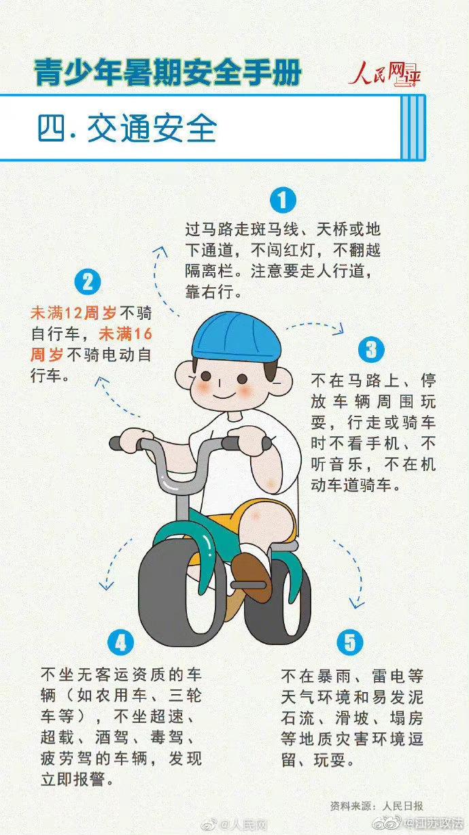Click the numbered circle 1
[x=283, y=200]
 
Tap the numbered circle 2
[x=88, y=282]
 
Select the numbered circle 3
[x=371, y=350]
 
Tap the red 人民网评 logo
[x=385, y=73]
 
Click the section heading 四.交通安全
[x=127, y=128]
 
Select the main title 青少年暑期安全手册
[x=167, y=72]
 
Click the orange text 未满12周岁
[x=73, y=313]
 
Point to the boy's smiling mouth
[x=224, y=395]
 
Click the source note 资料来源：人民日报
[x=377, y=805]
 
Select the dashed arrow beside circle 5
[x=353, y=573]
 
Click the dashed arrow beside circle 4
[x=116, y=563]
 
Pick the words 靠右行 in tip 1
[x=209, y=291]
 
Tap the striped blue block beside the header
[x=413, y=128]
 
